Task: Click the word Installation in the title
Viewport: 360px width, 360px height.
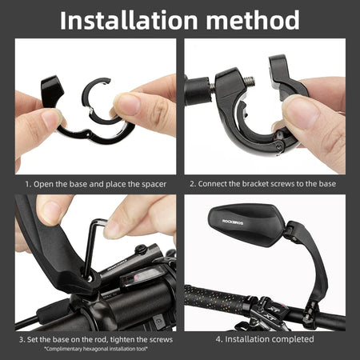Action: click(129, 20)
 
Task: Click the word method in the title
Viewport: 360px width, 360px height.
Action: click(253, 20)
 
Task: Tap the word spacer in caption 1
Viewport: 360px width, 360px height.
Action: click(154, 184)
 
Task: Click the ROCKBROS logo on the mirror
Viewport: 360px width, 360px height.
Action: click(233, 222)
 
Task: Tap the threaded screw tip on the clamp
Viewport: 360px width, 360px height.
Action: click(249, 81)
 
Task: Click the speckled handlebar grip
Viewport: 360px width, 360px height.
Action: click(216, 298)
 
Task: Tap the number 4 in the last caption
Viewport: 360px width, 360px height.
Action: click(218, 339)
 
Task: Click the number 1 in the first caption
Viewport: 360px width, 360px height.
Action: click(27, 184)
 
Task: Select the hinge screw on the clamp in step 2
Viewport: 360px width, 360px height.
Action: click(279, 146)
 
